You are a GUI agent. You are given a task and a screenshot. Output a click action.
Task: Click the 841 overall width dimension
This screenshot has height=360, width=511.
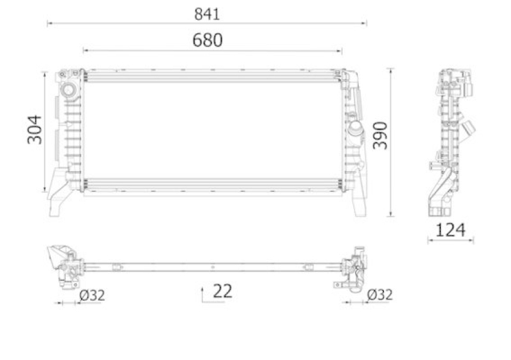pyautogui.click(x=207, y=14)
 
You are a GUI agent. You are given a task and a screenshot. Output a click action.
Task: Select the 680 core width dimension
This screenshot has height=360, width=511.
pyautogui.click(x=207, y=40)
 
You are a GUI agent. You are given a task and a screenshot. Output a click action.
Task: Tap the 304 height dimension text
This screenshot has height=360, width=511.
pyautogui.click(x=34, y=130)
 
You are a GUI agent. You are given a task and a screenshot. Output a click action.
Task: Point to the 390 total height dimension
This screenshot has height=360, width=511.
pyautogui.click(x=380, y=135)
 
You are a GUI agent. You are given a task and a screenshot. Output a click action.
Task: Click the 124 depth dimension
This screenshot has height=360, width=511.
pyautogui.click(x=450, y=230)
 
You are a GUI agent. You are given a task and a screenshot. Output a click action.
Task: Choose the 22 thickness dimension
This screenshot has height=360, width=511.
pyautogui.click(x=222, y=291)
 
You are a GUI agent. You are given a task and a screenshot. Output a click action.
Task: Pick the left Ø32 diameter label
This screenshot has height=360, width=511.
pyautogui.click(x=92, y=296)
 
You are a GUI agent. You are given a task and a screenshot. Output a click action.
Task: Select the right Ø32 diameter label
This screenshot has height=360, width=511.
pyautogui.click(x=380, y=295)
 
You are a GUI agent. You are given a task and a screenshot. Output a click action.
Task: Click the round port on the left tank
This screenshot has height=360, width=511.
pyautogui.click(x=68, y=89)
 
